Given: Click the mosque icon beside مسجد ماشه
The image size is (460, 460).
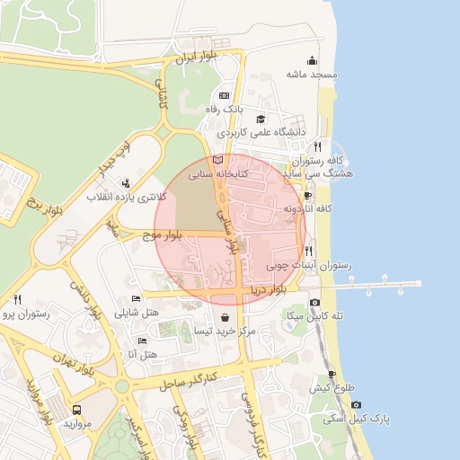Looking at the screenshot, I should click(x=312, y=61).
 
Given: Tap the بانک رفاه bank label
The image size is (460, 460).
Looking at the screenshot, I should click(x=224, y=109).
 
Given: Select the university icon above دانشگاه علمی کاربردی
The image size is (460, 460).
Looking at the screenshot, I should click(x=261, y=119).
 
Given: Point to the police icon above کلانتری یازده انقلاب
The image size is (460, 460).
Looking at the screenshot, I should click(x=124, y=182).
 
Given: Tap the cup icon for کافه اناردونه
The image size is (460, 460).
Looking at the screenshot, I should click(x=308, y=196).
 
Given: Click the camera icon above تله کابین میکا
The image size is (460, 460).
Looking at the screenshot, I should click(x=314, y=303).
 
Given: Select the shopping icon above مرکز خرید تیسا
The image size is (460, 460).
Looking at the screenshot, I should click(x=224, y=317).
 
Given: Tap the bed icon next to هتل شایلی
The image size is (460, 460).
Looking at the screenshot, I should click(x=136, y=299).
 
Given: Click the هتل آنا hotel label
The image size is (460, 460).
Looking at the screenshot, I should click(x=144, y=355).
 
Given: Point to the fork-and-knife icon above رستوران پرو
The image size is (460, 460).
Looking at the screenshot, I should click(x=17, y=299).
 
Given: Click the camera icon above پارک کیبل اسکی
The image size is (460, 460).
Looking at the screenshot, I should click(x=332, y=405).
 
